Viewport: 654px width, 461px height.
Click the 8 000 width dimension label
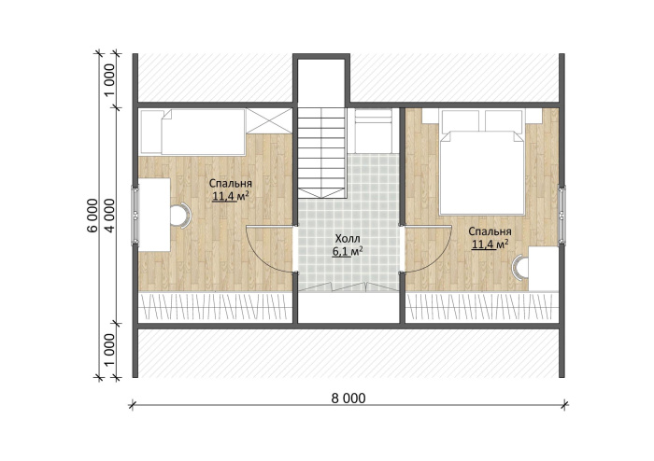(348, 398)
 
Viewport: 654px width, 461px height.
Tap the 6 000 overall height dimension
(93, 216)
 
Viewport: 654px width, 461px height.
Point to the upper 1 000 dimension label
(110, 80)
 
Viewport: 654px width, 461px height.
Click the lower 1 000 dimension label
(110, 350)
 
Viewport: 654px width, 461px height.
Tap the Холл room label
(348, 239)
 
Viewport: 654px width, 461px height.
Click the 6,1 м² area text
(347, 252)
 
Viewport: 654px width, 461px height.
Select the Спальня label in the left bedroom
(231, 184)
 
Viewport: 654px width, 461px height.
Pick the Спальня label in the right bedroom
(490, 231)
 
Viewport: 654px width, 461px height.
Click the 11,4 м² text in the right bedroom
(490, 244)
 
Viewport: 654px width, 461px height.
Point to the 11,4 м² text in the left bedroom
(231, 196)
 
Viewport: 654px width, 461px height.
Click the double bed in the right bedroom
(482, 162)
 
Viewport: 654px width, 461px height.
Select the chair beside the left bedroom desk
(180, 216)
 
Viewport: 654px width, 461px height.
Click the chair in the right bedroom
(520, 267)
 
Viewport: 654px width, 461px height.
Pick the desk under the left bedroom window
(154, 215)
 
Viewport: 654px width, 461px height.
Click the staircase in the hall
(321, 153)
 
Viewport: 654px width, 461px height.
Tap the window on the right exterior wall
(562, 215)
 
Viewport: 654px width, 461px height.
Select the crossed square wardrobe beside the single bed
(269, 120)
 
